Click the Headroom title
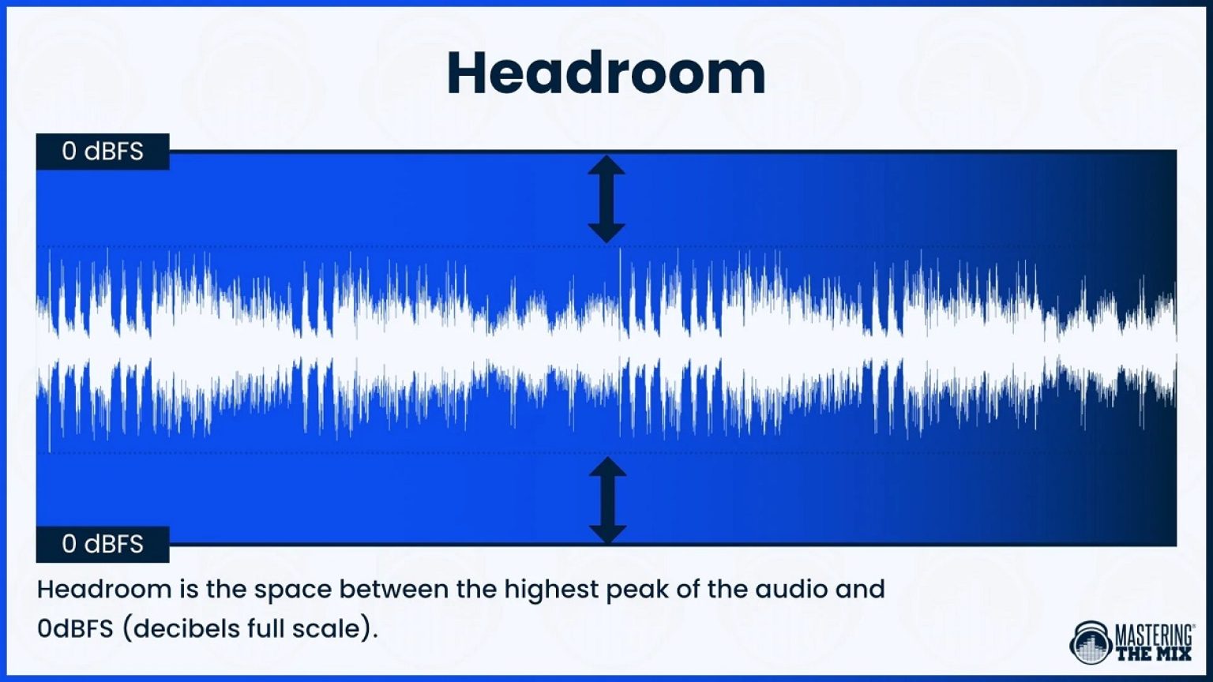click(x=606, y=73)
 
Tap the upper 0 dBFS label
click(x=103, y=151)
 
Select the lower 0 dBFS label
click(x=103, y=544)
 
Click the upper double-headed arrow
click(x=606, y=198)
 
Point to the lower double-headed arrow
click(x=607, y=500)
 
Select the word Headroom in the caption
click(x=104, y=589)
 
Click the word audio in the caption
click(x=793, y=589)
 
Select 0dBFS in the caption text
click(x=76, y=629)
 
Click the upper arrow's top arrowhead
click(x=606, y=164)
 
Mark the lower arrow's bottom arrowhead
click(x=607, y=534)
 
